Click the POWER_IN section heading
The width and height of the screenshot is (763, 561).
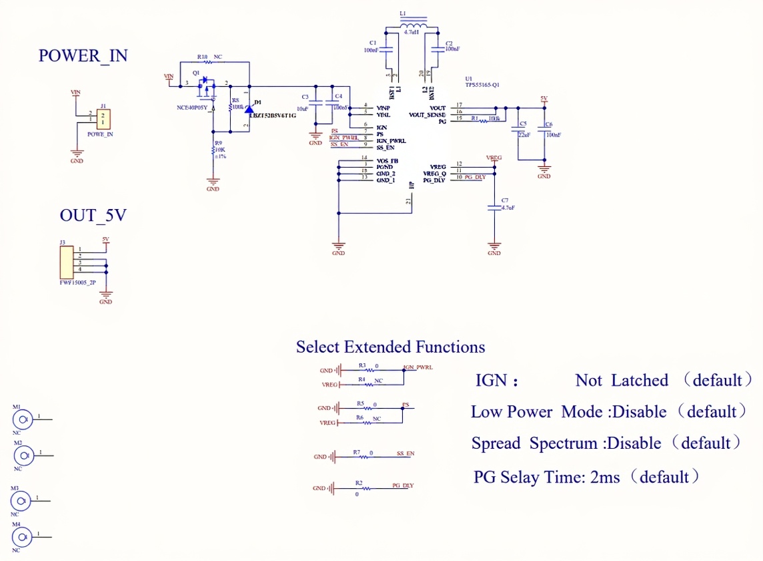83,55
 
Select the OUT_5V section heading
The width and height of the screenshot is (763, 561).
93,216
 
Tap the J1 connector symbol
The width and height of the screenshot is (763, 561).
103,120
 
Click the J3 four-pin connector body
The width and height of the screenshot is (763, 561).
65,262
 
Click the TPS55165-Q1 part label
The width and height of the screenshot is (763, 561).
482,85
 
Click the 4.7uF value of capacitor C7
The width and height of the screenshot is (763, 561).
508,208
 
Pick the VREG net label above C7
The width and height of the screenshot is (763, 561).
494,158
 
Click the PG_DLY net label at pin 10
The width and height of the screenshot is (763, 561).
475,177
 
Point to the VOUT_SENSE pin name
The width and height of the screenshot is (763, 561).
427,115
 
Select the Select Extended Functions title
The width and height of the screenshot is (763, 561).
390,347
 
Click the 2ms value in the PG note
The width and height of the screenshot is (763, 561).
605,477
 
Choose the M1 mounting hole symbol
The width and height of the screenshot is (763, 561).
23,419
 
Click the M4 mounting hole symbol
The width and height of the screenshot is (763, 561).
23,536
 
